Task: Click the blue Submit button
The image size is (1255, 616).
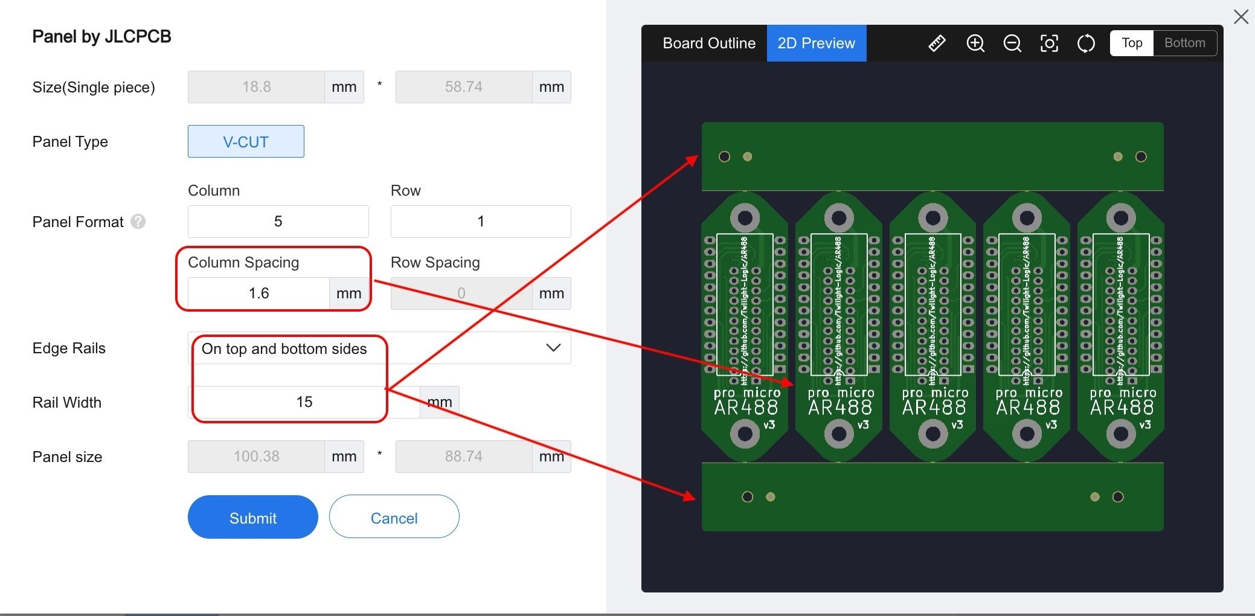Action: pos(252,518)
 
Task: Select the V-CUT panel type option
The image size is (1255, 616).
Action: pos(246,142)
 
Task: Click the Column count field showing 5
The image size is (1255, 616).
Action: pos(278,222)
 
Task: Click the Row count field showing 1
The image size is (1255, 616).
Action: pos(480,222)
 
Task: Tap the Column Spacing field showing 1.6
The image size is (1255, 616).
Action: pos(258,294)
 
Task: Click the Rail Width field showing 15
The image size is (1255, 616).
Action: pos(304,402)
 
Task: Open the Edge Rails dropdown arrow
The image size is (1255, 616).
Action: pos(553,348)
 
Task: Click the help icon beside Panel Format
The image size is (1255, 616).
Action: pos(138,222)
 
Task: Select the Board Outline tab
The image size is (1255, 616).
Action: pos(708,43)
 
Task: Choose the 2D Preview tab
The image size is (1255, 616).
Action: pos(816,43)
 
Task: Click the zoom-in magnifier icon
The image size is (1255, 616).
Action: pos(975,43)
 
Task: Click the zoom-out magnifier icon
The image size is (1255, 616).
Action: pos(1012,43)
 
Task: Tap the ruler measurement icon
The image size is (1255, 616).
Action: pos(937,43)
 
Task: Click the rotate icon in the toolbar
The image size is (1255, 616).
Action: pos(1086,43)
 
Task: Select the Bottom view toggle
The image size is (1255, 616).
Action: pos(1184,43)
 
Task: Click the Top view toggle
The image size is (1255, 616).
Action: pos(1132,43)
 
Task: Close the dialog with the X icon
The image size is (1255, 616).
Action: pos(1241,17)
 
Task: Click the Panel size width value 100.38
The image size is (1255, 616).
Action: pos(256,457)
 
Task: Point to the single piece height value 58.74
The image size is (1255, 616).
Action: pos(463,87)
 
